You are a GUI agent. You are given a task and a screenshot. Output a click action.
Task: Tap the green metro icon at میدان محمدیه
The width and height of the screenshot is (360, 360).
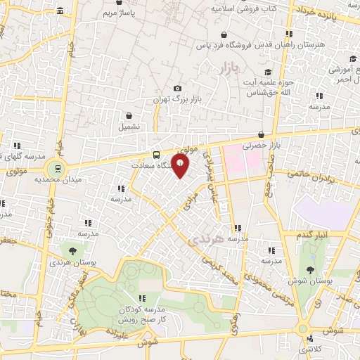tap(54, 168)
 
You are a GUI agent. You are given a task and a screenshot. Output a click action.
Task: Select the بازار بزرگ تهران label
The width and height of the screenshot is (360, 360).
tap(179, 100)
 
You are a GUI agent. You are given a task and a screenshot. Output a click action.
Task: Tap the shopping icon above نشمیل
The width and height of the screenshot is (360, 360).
tap(129, 115)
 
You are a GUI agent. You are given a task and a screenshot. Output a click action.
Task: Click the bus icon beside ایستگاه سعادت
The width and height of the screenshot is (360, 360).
tap(156, 155)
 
